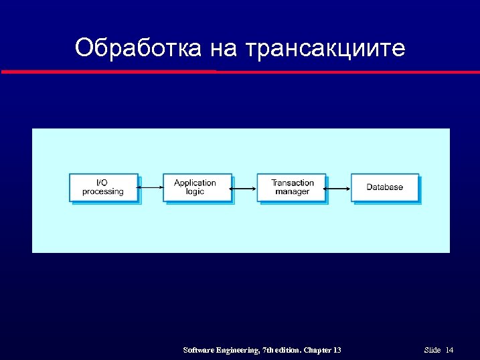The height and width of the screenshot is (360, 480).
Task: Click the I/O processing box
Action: coord(104,187)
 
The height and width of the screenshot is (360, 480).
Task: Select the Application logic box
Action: coord(197,187)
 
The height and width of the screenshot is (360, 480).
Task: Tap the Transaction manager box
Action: coord(291,187)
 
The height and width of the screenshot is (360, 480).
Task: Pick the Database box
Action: coord(385,187)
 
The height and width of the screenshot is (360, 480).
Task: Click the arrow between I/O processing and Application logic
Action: coord(151,189)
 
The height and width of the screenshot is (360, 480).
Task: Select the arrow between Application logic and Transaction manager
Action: coord(244,189)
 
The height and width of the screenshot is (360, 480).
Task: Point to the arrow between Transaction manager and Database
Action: coord(339,189)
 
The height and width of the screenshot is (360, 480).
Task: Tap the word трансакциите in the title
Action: coord(325,48)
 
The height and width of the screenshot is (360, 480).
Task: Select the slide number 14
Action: coord(449,350)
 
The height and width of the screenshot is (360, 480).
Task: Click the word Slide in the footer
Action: coord(432,350)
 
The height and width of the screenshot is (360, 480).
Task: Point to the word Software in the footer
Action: coord(199,350)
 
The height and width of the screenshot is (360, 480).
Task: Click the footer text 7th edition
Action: coord(282,350)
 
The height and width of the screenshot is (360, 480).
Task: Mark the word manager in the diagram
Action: coord(293,192)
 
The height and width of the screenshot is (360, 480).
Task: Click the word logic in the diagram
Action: coord(195,192)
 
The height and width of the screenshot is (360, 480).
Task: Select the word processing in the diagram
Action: coord(103,192)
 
